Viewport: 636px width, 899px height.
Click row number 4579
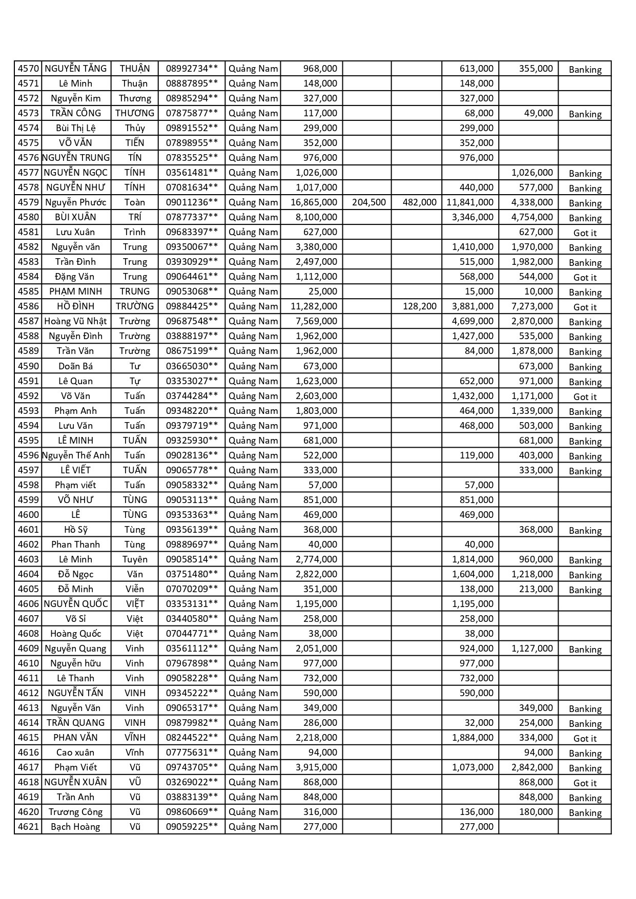[28, 202]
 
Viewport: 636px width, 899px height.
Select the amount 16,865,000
[314, 202]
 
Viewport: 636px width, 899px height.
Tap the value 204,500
[368, 202]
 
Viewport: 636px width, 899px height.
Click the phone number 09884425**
[192, 306]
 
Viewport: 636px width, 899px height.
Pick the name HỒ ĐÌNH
[75, 306]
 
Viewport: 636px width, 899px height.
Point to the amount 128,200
[419, 306]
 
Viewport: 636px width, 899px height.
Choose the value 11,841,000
[470, 202]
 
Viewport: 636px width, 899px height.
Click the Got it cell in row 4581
[585, 233]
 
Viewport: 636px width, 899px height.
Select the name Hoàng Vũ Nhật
[75, 321]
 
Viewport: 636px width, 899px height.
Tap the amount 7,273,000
[532, 306]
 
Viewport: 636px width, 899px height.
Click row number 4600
[28, 515]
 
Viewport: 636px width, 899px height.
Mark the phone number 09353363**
[192, 515]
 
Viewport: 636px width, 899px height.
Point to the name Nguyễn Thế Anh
[75, 455]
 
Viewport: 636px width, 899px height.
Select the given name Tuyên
[135, 559]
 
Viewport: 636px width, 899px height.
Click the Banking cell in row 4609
[585, 650]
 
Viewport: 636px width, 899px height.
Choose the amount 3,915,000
[316, 767]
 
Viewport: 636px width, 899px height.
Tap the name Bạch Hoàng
[75, 827]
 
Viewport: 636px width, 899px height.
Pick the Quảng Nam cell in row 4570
[253, 69]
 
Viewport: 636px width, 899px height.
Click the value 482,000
[419, 202]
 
